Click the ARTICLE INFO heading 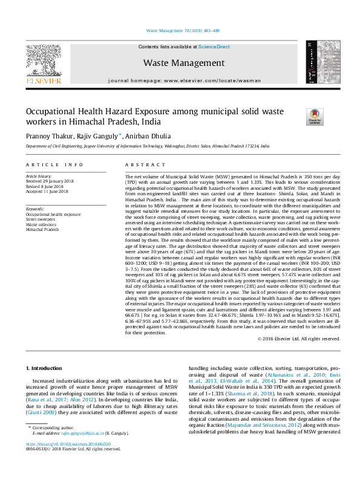[54, 164]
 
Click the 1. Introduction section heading [46, 368]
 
